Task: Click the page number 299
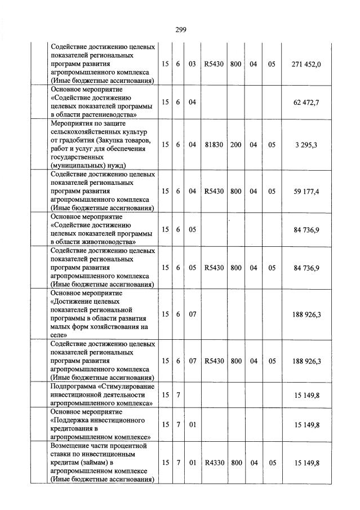click(180, 30)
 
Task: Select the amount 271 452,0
click(306, 64)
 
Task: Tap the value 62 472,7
click(306, 102)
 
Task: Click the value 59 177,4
click(306, 191)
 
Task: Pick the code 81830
click(214, 145)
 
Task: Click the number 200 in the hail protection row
click(235, 145)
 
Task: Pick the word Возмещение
click(71, 446)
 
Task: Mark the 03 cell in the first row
click(192, 64)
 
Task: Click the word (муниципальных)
click(78, 166)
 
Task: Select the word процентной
click(127, 446)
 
